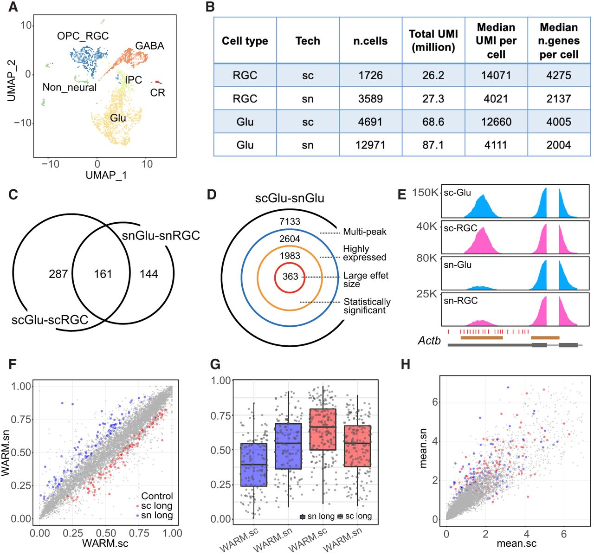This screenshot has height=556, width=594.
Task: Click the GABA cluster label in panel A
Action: pyautogui.click(x=149, y=45)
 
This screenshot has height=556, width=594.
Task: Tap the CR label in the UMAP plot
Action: pyautogui.click(x=158, y=92)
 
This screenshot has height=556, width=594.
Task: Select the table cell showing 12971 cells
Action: pyautogui.click(x=370, y=145)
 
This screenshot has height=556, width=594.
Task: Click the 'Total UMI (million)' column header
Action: pyautogui.click(x=433, y=40)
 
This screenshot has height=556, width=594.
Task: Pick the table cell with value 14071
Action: pyautogui.click(x=496, y=75)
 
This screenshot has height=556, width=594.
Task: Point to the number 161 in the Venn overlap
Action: pyautogui.click(x=103, y=274)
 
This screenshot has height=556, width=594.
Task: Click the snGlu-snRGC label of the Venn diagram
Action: pyautogui.click(x=161, y=235)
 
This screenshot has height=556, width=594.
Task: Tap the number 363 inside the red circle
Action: pyautogui.click(x=290, y=277)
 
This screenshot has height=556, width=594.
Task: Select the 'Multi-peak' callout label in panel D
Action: pyautogui.click(x=365, y=232)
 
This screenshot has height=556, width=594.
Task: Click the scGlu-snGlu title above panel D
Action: pyautogui.click(x=290, y=198)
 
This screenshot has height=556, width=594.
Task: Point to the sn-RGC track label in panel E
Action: pyautogui.click(x=460, y=300)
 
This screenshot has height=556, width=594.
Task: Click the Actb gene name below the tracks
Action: pyautogui.click(x=429, y=341)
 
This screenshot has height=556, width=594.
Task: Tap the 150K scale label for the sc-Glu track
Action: pyautogui.click(x=425, y=193)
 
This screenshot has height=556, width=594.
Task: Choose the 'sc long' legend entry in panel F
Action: pyautogui.click(x=156, y=505)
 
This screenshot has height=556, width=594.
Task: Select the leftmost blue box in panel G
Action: pyautogui.click(x=253, y=465)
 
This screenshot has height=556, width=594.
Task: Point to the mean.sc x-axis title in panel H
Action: pyautogui.click(x=517, y=543)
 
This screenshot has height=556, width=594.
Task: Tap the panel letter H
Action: pyautogui.click(x=406, y=364)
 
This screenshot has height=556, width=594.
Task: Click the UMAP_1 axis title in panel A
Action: pyautogui.click(x=106, y=175)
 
